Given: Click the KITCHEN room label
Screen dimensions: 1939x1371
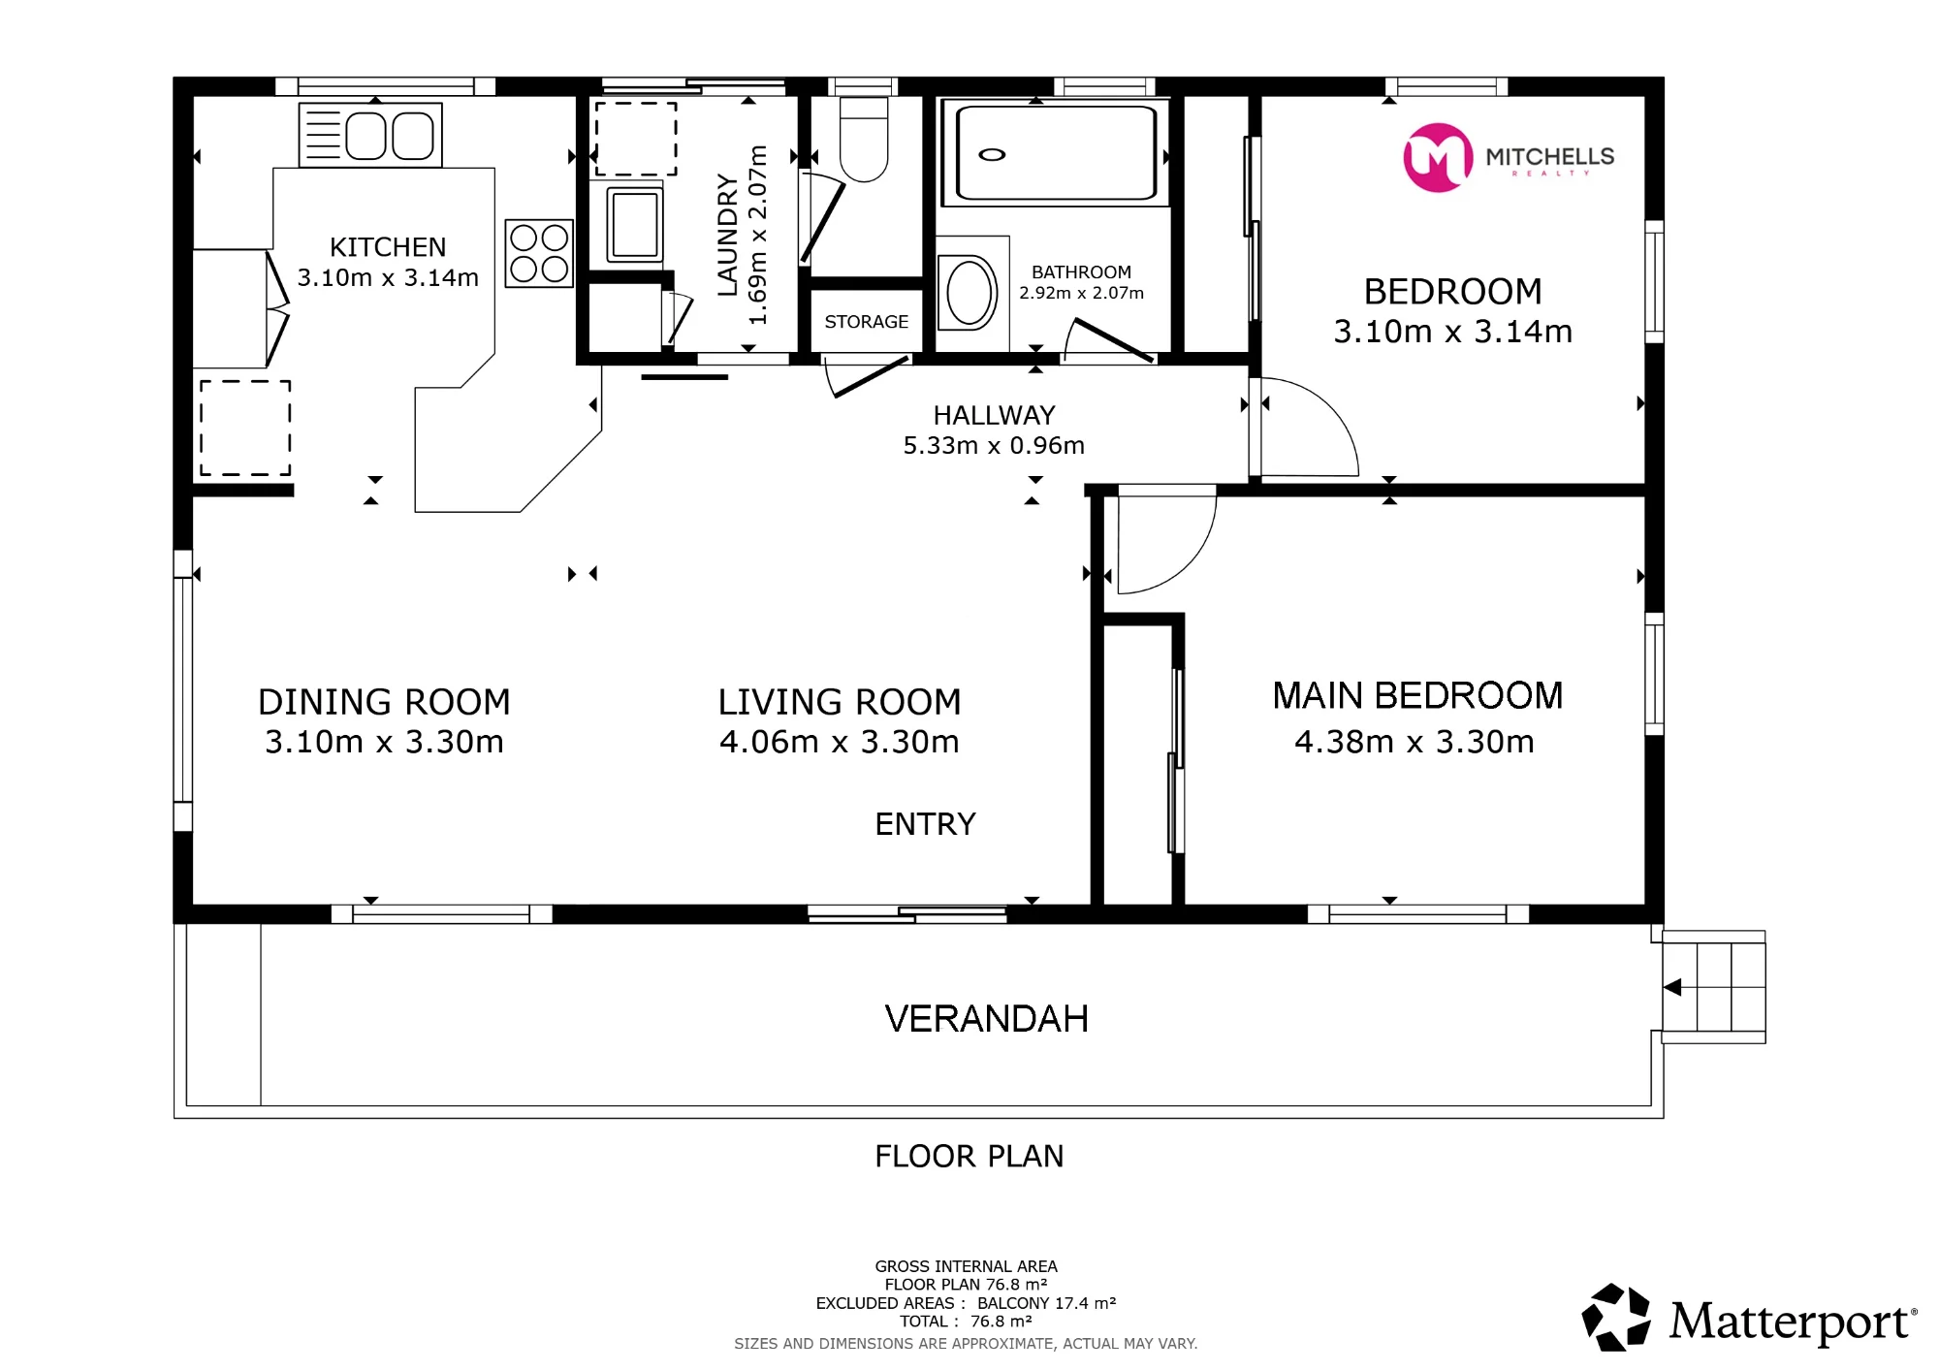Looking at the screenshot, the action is tap(388, 247).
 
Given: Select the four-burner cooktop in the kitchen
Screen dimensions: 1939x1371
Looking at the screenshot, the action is tap(539, 253).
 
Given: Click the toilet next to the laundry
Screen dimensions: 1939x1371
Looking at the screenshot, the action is tap(863, 139).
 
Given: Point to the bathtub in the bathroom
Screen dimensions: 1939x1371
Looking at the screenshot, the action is tap(1056, 153).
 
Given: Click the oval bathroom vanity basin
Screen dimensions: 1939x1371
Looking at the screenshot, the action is tap(969, 292).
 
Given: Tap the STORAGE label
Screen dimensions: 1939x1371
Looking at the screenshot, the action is tap(867, 322).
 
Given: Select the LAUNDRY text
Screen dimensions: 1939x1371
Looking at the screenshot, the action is tap(727, 235).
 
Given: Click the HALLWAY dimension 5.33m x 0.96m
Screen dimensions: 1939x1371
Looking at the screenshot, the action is tap(994, 446).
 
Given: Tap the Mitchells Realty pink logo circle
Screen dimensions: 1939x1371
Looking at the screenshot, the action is tap(1438, 157).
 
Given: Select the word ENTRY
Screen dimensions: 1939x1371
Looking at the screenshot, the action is tap(925, 824).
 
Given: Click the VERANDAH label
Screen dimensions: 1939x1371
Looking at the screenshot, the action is tap(987, 1019).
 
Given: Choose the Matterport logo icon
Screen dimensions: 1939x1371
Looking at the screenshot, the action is tap(1616, 1317).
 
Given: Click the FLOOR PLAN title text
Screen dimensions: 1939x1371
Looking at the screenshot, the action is tap(969, 1157).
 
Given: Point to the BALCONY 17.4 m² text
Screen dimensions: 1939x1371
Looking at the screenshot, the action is tap(1047, 1303).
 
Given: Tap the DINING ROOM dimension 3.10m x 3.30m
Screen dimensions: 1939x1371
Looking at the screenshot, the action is tap(384, 743).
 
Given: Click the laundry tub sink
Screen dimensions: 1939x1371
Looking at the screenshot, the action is tap(635, 225).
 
